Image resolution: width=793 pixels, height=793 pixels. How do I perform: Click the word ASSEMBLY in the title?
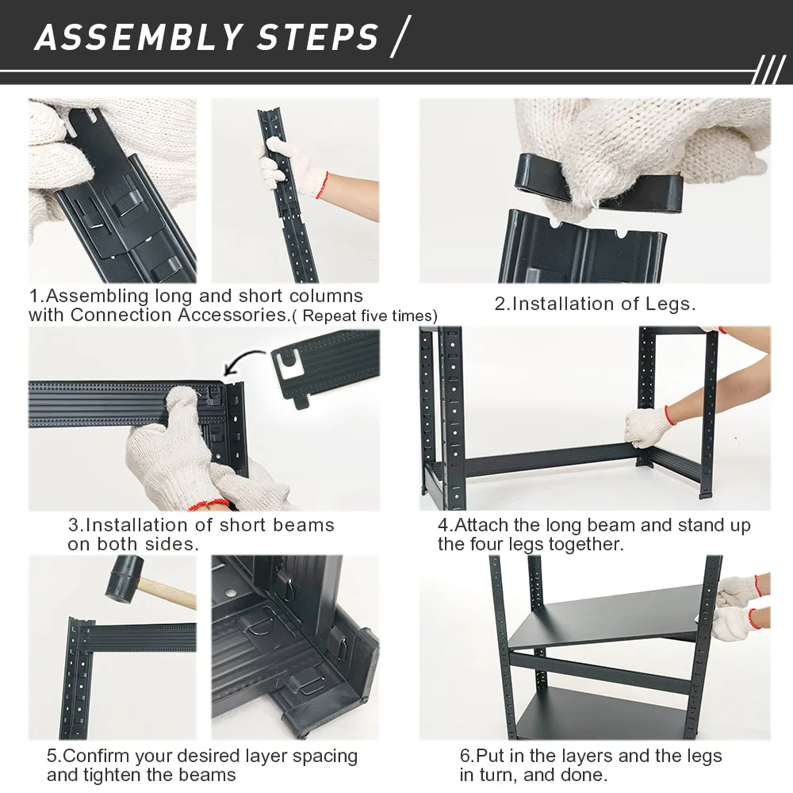click(x=137, y=37)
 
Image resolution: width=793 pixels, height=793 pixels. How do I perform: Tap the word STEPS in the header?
click(x=318, y=37)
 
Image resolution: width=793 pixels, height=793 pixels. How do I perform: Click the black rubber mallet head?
click(x=124, y=579)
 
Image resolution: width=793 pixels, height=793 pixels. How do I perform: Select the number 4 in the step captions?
click(x=443, y=525)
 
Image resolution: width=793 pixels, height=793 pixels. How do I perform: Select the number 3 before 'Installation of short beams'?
click(x=74, y=525)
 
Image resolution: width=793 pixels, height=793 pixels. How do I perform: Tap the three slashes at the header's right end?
click(x=768, y=70)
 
